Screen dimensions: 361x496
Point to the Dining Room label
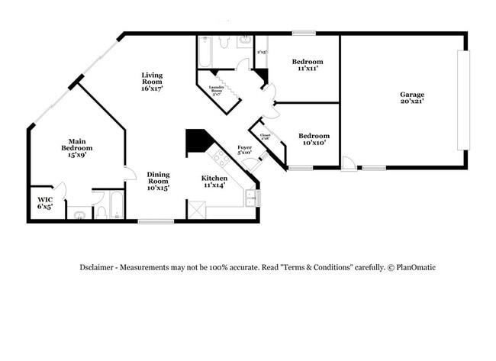pyautogui.click(x=158, y=180)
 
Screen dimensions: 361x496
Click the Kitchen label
pyautogui.click(x=214, y=182)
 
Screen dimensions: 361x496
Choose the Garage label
pyautogui.click(x=412, y=98)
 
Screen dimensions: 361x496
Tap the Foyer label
pyautogui.click(x=244, y=150)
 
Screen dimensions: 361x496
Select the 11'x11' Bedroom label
pyautogui.click(x=308, y=65)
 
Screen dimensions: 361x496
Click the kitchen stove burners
pyautogui.click(x=221, y=158)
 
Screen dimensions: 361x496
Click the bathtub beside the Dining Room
pyautogui.click(x=118, y=205)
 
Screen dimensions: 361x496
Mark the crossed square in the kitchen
pyautogui.click(x=196, y=210)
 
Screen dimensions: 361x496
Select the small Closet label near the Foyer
pyautogui.click(x=265, y=137)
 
